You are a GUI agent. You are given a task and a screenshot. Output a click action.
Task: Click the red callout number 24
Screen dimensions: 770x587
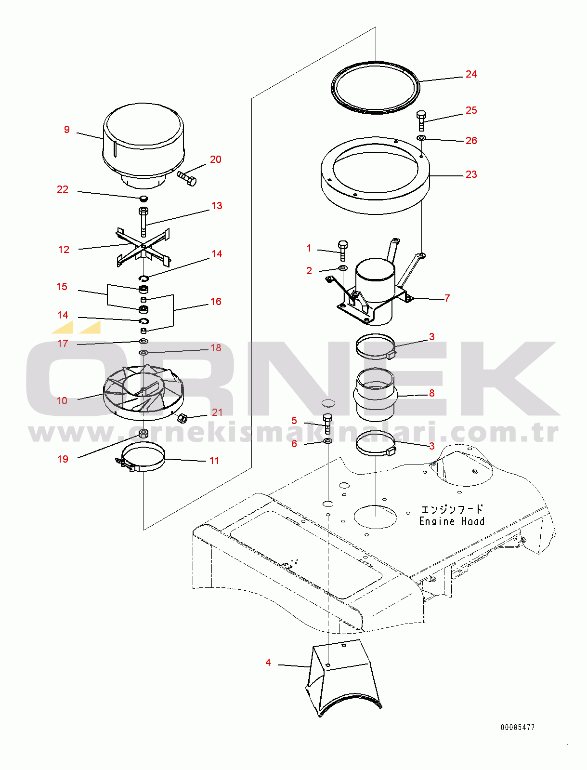(x=471, y=74)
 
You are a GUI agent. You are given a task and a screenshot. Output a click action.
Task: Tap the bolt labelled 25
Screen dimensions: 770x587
(x=421, y=120)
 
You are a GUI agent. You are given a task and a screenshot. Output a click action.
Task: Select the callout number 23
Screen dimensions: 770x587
(x=471, y=174)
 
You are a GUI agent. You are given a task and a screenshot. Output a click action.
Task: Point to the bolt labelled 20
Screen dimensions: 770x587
(x=187, y=178)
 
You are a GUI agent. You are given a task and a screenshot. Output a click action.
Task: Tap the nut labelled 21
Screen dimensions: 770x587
(x=183, y=418)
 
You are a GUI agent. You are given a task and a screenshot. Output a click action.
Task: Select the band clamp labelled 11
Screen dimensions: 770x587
(x=143, y=458)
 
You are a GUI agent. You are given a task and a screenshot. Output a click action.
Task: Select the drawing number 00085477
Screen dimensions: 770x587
(x=517, y=727)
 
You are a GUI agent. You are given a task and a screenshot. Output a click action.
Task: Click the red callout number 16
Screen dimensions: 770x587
(x=216, y=302)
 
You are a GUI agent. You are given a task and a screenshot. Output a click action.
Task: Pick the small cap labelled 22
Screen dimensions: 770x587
(x=143, y=199)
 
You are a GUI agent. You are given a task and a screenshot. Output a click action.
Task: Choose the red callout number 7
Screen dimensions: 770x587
(x=447, y=298)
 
